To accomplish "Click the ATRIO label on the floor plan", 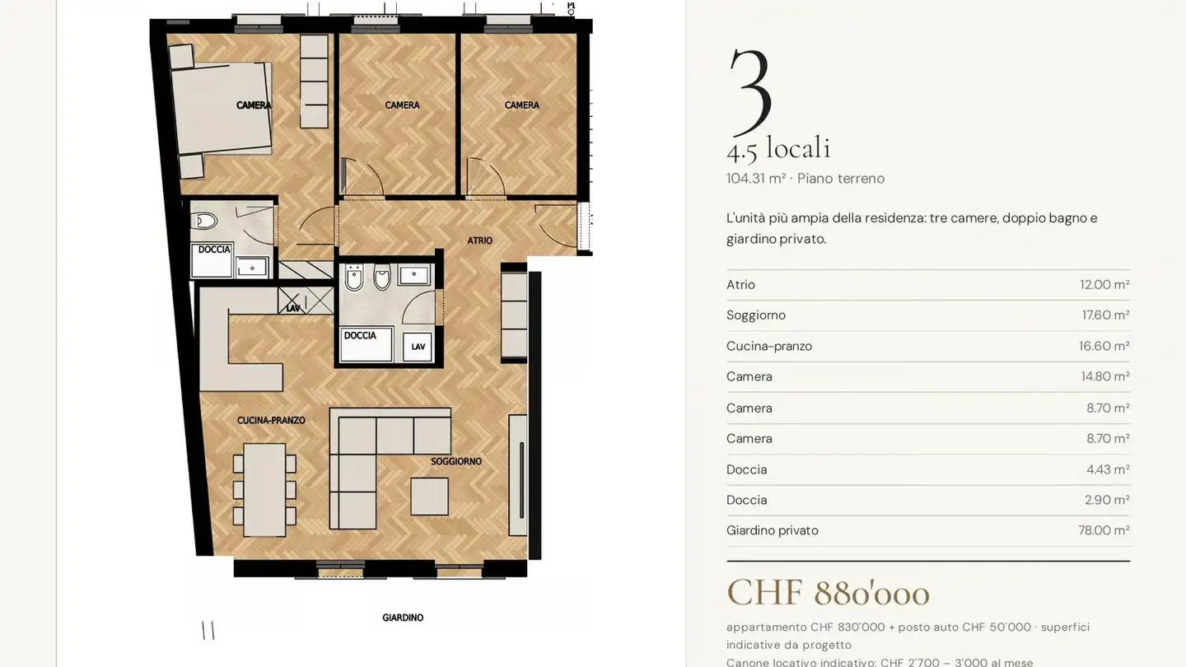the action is tap(479, 240).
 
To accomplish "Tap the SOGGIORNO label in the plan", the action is tap(456, 461).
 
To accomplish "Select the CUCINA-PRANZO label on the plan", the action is tap(270, 420).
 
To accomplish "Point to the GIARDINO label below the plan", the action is tap(403, 618).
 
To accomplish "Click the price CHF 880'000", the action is tap(828, 593).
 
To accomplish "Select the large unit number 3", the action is tap(750, 91).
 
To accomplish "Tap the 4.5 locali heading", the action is tap(778, 147).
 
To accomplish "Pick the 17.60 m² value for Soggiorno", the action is tap(1105, 315).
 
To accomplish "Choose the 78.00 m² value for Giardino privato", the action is tap(1104, 530).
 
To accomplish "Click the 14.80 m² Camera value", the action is tap(1105, 376).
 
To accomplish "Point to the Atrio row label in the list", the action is tap(740, 284).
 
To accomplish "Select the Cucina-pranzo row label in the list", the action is tap(768, 346).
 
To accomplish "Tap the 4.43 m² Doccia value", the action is tap(1108, 469).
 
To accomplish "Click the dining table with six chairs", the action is tap(264, 490).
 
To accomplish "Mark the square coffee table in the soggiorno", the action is tap(429, 497).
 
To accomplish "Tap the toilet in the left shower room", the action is tap(205, 220).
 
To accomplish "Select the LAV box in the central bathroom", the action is tap(418, 347).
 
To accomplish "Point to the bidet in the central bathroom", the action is tap(354, 278).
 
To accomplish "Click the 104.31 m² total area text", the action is tap(755, 179).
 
